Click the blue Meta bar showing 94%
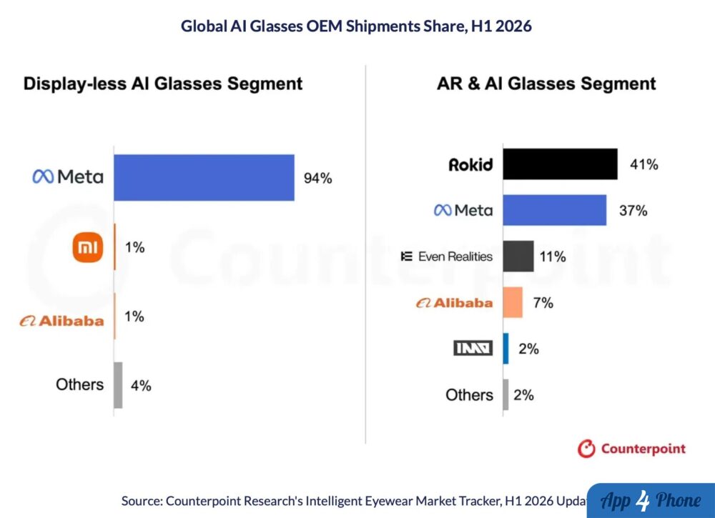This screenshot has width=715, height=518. pyautogui.click(x=204, y=178)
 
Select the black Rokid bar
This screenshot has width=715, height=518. pyautogui.click(x=561, y=164)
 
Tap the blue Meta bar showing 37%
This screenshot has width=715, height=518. pyautogui.click(x=555, y=210)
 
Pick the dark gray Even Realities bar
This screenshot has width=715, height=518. pyautogui.click(x=518, y=256)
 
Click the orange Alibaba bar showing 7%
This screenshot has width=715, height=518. pyautogui.click(x=513, y=302)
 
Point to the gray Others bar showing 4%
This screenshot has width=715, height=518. pyautogui.click(x=118, y=385)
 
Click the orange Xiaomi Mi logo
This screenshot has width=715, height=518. pyautogui.click(x=88, y=247)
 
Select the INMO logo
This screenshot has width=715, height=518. pyautogui.click(x=473, y=349)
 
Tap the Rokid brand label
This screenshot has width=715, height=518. pyautogui.click(x=470, y=164)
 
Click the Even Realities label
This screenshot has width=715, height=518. pyautogui.click(x=447, y=256)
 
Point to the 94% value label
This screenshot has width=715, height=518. pyautogui.click(x=318, y=178)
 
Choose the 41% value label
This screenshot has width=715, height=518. pyautogui.click(x=644, y=164)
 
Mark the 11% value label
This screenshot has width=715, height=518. pyautogui.click(x=553, y=257)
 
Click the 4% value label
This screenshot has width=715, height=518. pyautogui.click(x=141, y=386)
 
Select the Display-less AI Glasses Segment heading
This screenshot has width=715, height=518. pyautogui.click(x=163, y=84)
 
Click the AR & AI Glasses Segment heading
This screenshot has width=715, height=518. pyautogui.click(x=546, y=84)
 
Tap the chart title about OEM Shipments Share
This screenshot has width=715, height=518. pyautogui.click(x=356, y=26)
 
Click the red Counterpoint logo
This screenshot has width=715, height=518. pyautogui.click(x=631, y=449)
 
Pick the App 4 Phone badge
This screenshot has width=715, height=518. pyautogui.click(x=651, y=501)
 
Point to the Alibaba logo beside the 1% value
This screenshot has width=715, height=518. pyautogui.click(x=62, y=322)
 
